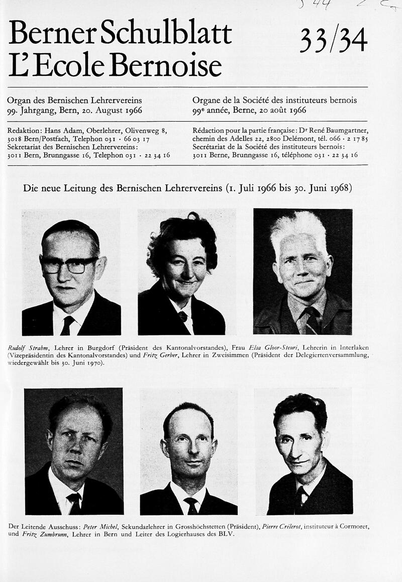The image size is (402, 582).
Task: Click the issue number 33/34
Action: pyautogui.click(x=333, y=40)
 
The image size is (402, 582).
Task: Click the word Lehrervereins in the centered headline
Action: pyautogui.click(x=182, y=189)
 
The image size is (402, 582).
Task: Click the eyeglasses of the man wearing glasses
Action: pyautogui.click(x=69, y=264)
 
